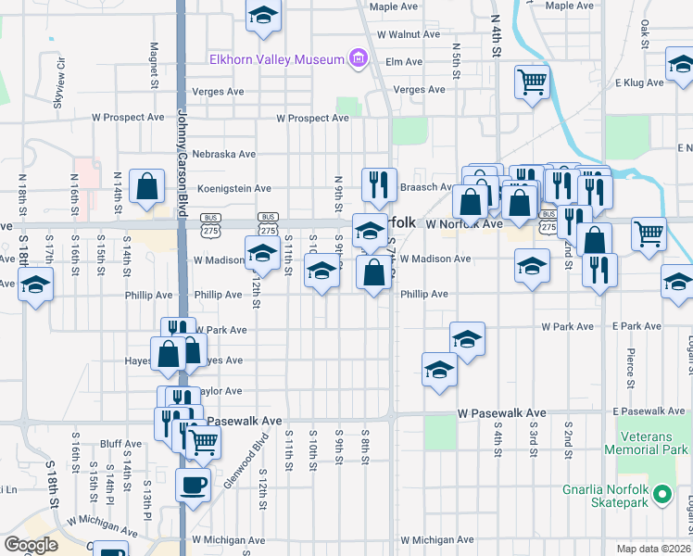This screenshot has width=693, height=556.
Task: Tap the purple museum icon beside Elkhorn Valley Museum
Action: (x=358, y=60)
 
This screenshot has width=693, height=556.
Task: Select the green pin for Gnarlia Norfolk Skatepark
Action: (x=661, y=495)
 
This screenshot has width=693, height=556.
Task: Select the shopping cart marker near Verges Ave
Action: (x=532, y=82)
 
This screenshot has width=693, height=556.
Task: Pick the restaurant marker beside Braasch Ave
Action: (x=378, y=184)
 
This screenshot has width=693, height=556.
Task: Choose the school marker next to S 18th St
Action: (x=35, y=284)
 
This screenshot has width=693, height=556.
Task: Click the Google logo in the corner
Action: (x=31, y=545)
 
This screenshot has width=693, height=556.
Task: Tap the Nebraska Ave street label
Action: (x=222, y=154)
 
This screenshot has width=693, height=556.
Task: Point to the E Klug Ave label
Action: (x=638, y=82)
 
